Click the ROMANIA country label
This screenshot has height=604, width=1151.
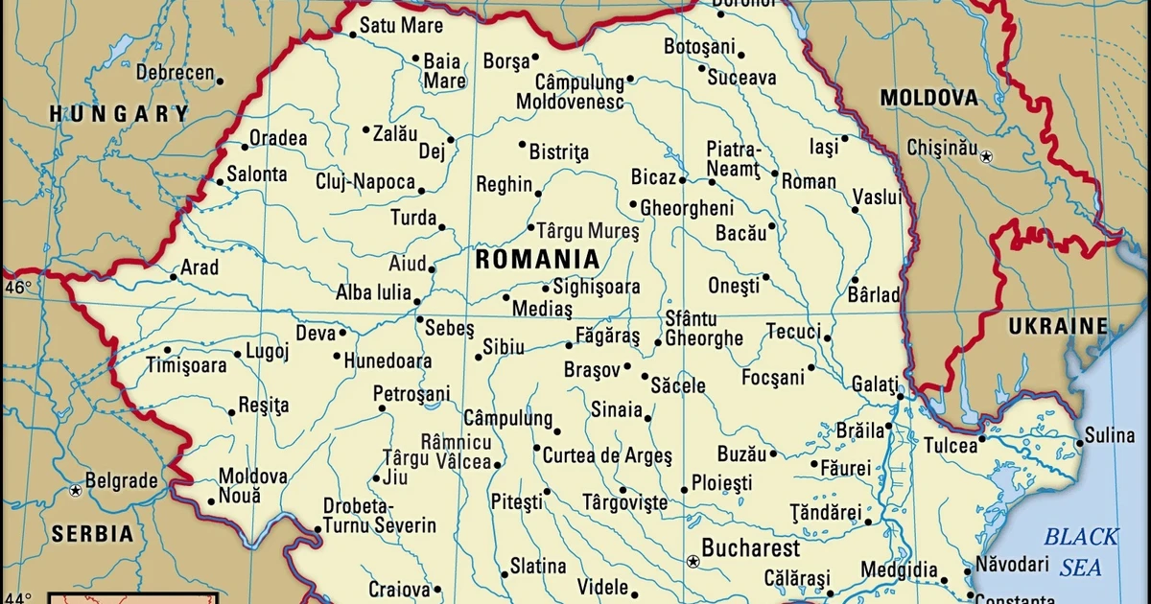point(537,259)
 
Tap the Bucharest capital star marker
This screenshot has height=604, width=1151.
point(693,559)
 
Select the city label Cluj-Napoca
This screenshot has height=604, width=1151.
point(365,182)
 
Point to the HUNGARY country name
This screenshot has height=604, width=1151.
point(120,114)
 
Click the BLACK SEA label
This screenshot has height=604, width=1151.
point(1081,551)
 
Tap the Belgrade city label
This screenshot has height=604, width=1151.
point(121,480)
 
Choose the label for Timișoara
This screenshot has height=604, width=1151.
point(186,365)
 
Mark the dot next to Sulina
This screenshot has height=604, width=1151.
point(1079,442)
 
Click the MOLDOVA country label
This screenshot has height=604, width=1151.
point(928,97)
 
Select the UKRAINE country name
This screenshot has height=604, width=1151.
point(1057,326)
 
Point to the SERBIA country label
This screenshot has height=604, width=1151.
point(92,534)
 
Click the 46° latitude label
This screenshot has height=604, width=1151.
point(18,287)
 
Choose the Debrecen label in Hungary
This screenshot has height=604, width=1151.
point(175,73)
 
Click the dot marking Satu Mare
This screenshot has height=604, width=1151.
point(352,35)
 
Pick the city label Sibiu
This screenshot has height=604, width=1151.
point(505,347)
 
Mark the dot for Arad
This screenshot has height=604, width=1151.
point(174,277)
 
